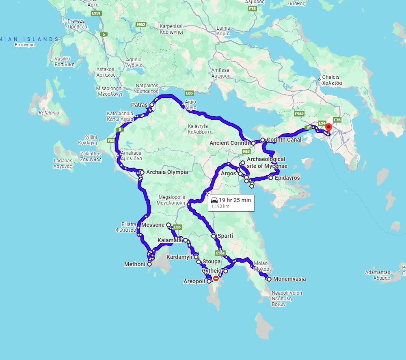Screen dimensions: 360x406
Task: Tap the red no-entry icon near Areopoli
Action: click(216, 278)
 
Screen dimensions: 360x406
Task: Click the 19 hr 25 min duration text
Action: click(235, 200)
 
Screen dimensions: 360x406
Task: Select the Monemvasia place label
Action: click(289, 279)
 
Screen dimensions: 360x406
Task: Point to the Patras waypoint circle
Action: click(152, 105)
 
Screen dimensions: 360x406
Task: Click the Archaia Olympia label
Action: click(167, 172)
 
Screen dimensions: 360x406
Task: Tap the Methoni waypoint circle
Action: click(149, 264)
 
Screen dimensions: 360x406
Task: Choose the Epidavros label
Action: click(287, 178)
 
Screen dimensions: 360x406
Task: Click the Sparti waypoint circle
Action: click(214, 236)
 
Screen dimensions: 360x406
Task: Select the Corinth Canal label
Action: click(284, 140)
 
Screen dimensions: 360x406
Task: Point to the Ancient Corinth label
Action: click(229, 143)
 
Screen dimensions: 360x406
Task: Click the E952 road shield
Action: click(141, 25)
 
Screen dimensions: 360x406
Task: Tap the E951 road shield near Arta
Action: click(96, 13)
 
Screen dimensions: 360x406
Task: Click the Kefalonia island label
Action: click(49, 112)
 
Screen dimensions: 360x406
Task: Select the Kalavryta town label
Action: click(201, 129)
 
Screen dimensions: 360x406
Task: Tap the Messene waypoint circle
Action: click(168, 225)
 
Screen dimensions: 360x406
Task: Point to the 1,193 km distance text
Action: click(220, 206)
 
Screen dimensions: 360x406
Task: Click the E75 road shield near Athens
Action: click(337, 120)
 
